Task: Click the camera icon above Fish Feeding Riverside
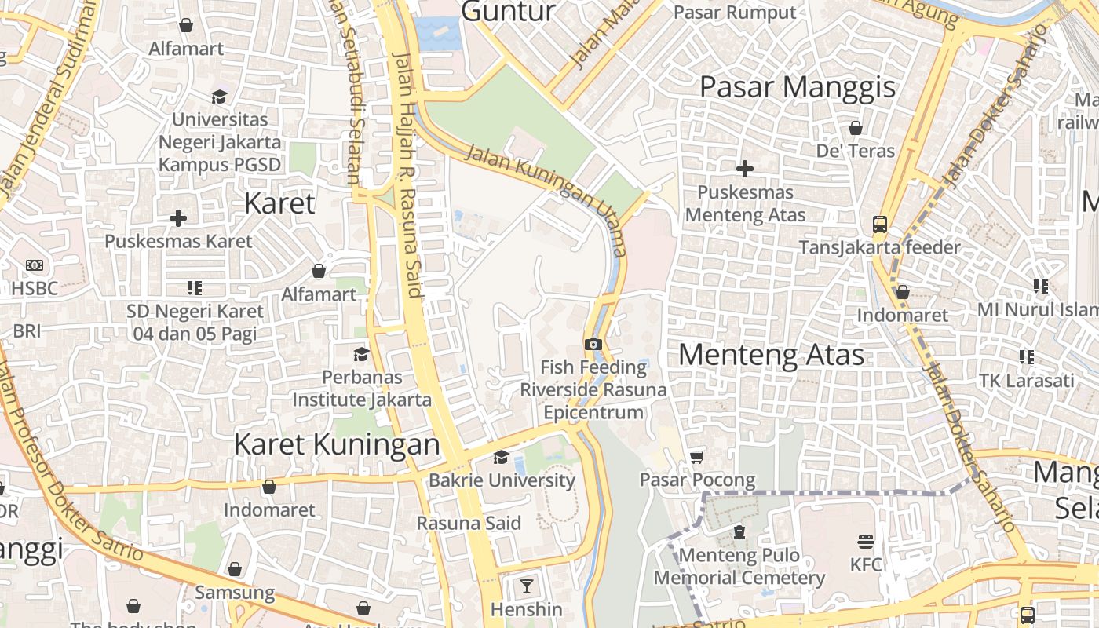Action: tap(593, 344)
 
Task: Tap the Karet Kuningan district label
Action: tap(337, 444)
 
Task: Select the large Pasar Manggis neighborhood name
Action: tap(797, 87)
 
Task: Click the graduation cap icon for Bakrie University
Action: tap(501, 458)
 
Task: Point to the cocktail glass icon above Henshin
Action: tap(526, 586)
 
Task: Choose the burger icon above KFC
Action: tap(866, 542)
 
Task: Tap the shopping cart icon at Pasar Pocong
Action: tap(696, 457)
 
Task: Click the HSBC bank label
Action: tap(35, 288)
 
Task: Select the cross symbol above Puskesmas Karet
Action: tap(178, 217)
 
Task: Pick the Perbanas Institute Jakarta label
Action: tap(362, 389)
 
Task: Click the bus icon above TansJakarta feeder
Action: tap(879, 225)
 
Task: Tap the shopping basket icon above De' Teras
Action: tap(856, 127)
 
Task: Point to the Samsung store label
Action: tap(235, 592)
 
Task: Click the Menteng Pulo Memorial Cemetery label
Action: tap(739, 567)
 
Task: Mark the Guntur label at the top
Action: tap(508, 12)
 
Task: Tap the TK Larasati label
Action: tap(1026, 381)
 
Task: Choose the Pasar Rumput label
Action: tap(735, 13)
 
